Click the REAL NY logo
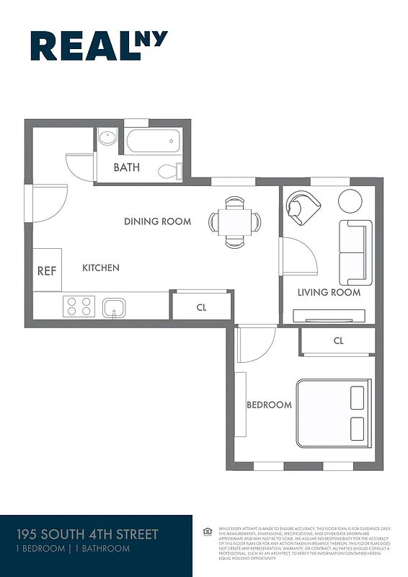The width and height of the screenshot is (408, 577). [x=99, y=46]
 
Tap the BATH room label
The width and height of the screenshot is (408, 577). [x=127, y=168]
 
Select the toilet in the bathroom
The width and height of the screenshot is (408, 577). [x=169, y=171]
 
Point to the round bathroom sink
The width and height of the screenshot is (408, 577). [x=107, y=138]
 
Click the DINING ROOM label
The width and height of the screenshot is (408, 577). [x=157, y=221]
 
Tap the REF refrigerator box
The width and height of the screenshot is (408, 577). [x=47, y=270]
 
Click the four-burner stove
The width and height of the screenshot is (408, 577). [x=79, y=307]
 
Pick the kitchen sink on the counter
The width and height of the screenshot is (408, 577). [x=114, y=308]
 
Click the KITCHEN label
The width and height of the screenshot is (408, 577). [x=101, y=268]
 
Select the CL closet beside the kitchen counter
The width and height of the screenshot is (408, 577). [x=201, y=307]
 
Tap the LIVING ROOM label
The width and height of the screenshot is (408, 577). [x=329, y=292]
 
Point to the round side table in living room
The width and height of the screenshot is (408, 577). [x=351, y=200]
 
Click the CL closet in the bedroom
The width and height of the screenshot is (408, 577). [x=338, y=341]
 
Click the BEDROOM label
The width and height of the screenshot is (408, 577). [x=270, y=405]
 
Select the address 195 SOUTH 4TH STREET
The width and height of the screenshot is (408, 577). [x=87, y=534]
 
